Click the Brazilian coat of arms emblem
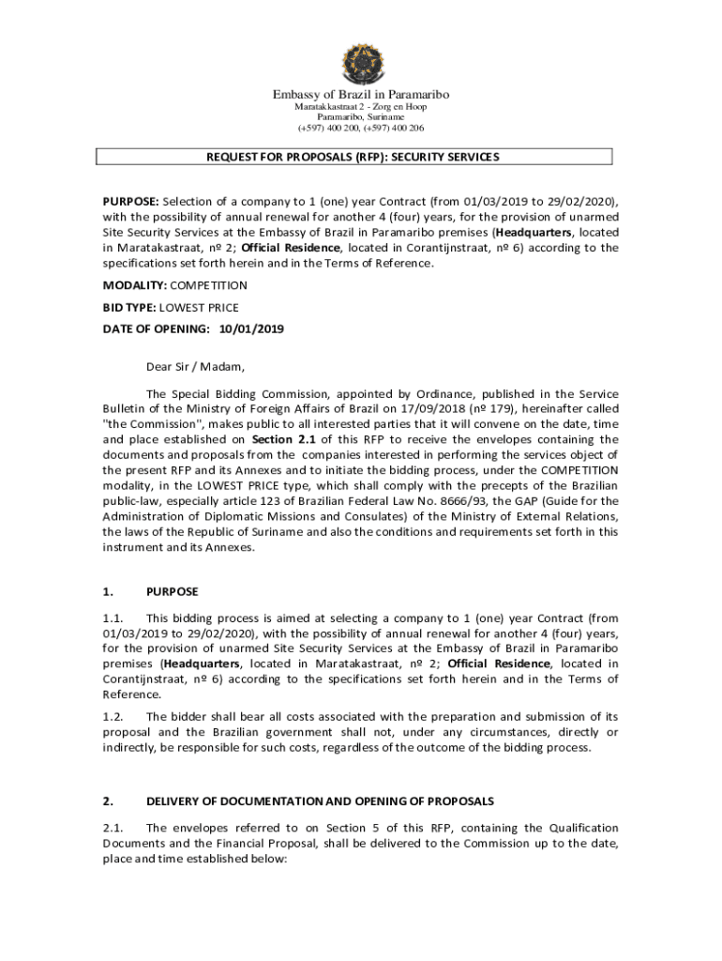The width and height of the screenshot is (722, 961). click(360, 63)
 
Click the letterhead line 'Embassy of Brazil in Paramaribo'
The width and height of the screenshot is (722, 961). click(361, 94)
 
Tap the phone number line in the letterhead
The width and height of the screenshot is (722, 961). click(361, 128)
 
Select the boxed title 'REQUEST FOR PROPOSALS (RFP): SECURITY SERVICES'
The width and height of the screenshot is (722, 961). click(353, 157)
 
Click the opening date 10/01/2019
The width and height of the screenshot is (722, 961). click(251, 329)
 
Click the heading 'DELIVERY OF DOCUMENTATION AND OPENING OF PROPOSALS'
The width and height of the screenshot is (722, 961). click(320, 801)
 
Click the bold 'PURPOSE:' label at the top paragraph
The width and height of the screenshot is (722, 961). click(131, 203)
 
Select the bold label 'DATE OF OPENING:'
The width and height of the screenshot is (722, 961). click(156, 329)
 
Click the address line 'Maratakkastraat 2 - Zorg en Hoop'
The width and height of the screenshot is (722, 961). click(361, 107)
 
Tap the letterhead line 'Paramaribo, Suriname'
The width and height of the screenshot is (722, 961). click(361, 117)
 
